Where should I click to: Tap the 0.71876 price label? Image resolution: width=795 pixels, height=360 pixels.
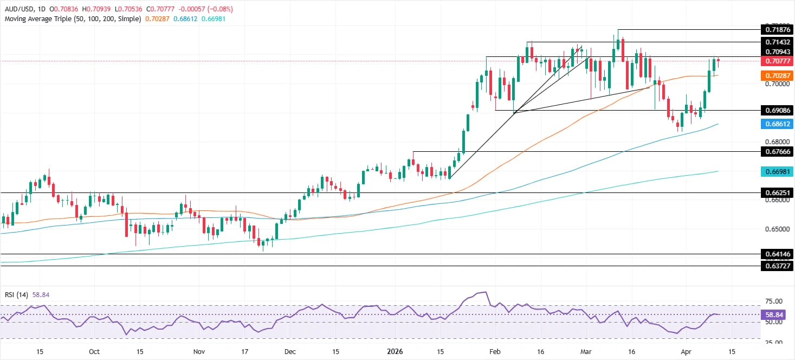(x=777, y=29)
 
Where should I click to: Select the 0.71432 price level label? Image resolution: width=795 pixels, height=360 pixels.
(x=777, y=42)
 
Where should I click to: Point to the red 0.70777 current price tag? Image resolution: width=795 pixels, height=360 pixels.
(x=777, y=61)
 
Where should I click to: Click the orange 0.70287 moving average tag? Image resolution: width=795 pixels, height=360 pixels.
(x=777, y=75)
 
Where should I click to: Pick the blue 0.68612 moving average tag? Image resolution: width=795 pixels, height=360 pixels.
(x=777, y=124)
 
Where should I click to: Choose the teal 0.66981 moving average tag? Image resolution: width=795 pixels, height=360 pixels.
(x=777, y=171)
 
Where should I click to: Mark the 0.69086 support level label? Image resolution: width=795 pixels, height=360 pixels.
(x=777, y=110)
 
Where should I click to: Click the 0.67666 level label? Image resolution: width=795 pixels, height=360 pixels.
(x=777, y=152)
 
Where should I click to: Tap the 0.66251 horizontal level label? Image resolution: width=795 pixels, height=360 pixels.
(x=777, y=192)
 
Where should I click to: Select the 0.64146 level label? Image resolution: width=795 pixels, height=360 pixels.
(x=777, y=254)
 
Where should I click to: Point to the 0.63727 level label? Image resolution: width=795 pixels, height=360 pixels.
(x=777, y=266)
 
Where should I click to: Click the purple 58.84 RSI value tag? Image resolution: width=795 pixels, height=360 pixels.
(x=777, y=314)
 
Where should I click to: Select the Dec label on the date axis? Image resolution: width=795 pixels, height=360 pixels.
(x=290, y=352)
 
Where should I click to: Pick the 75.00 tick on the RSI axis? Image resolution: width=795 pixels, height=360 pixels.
(x=775, y=301)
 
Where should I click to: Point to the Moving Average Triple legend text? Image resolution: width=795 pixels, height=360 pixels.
(x=72, y=18)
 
